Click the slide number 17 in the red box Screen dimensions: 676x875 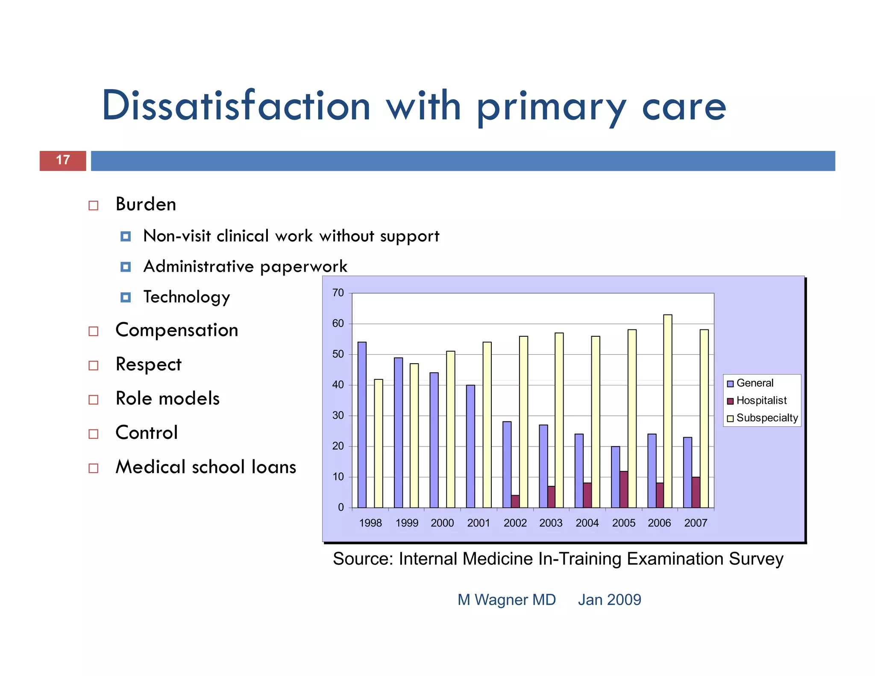pyautogui.click(x=63, y=160)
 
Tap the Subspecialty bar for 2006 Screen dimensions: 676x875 pyautogui.click(x=667, y=411)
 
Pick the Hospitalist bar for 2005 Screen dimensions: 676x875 pyautogui.click(x=624, y=489)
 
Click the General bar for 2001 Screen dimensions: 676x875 pyautogui.click(x=470, y=446)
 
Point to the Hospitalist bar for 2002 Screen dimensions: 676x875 pyautogui.click(x=515, y=501)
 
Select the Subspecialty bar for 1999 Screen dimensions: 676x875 pyautogui.click(x=414, y=435)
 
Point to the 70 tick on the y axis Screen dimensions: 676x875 pyautogui.click(x=338, y=293)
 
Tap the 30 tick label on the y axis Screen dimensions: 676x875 pyautogui.click(x=338, y=415)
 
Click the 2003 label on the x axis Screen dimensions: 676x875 pyautogui.click(x=551, y=523)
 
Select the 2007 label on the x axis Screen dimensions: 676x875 pyautogui.click(x=696, y=523)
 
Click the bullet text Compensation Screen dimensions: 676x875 pyautogui.click(x=177, y=330)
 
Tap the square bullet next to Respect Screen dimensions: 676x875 pyautogui.click(x=94, y=366)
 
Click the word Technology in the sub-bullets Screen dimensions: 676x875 pyautogui.click(x=187, y=297)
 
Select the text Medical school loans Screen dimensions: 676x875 pyautogui.click(x=206, y=467)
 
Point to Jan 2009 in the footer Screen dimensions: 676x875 pyautogui.click(x=609, y=600)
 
